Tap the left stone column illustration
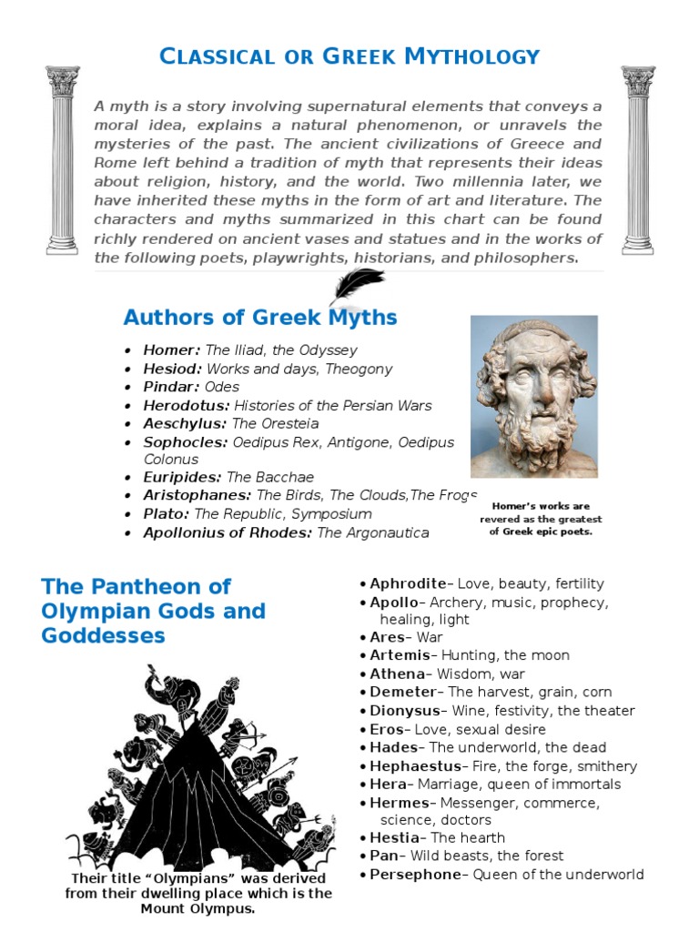coord(63,159)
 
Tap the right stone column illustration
coord(637,159)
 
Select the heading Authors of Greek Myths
coord(260,318)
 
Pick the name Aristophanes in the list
coord(197,495)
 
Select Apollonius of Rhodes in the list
coord(228,532)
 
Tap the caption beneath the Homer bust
coord(541,519)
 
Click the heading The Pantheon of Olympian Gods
coord(153,610)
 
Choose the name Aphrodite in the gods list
coord(408,583)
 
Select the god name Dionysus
coord(405,711)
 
